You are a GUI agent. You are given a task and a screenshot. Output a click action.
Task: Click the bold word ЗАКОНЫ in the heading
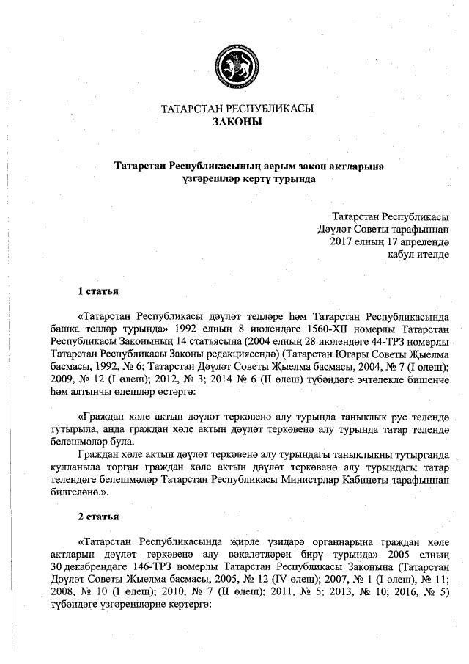point(237,122)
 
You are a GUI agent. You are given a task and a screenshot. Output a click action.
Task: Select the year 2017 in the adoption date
point(343,241)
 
